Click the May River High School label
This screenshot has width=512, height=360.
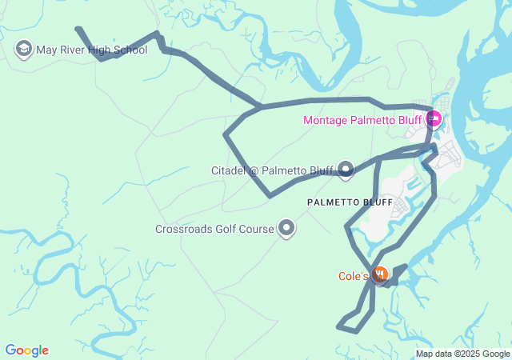pos(92,50)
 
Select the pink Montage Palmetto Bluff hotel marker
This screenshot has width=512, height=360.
pos(433,120)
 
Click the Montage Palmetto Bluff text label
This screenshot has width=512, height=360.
pos(362,121)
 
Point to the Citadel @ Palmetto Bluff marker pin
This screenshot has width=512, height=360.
pos(346,169)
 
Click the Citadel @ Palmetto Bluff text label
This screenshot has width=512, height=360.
pos(272,170)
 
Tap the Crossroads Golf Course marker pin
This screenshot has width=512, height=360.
pos(286,229)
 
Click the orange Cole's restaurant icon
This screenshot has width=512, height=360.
pos(381,276)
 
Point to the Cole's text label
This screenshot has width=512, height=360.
pos(353,277)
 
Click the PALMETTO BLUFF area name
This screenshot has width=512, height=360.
pos(350,202)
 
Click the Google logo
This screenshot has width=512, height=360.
pos(26,350)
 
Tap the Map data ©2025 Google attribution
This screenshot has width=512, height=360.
pos(462,354)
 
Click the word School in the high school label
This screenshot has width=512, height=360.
pos(130,50)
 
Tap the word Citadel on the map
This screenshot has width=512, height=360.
pos(228,170)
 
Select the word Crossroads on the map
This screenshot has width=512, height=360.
pos(181,230)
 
